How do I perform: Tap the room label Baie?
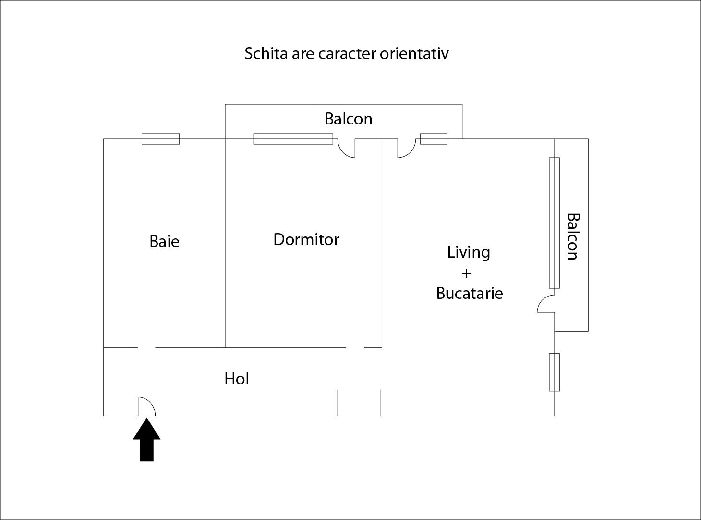164,241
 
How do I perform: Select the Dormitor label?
306,239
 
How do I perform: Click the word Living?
468,252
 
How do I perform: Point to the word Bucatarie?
469,293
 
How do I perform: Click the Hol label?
237,379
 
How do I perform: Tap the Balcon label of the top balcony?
348,119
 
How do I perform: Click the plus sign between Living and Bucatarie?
466,273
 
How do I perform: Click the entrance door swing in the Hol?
146,407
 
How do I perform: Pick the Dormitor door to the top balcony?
347,148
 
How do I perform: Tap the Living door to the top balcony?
406,148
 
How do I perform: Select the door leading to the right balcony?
546,305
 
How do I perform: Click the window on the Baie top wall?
160,139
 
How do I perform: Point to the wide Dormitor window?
293,139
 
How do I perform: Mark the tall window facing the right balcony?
554,223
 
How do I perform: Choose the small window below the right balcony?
554,372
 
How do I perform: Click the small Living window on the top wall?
434,139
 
